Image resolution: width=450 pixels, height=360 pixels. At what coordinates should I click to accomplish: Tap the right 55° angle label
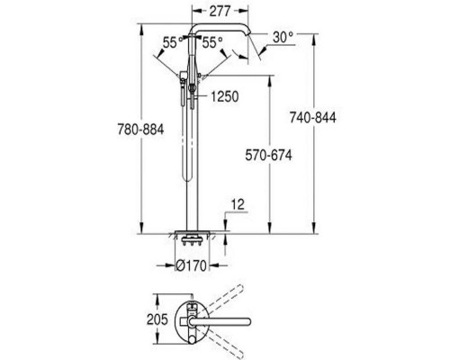click(212, 42)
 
